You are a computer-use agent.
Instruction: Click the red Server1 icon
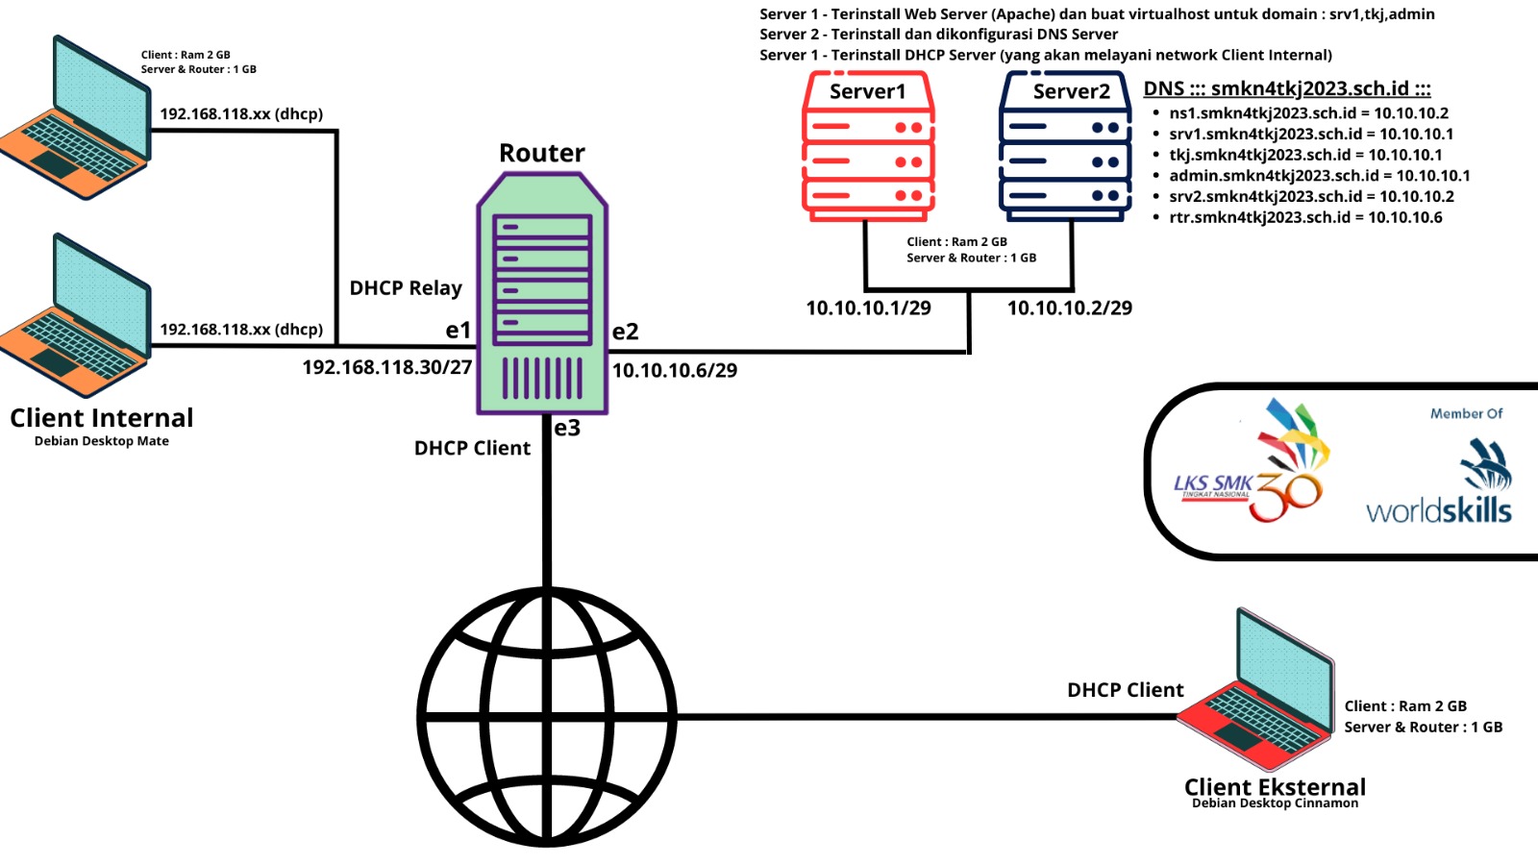coord(868,146)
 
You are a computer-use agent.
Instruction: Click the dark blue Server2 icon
coord(1065,146)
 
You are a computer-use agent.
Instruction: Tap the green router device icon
coord(542,294)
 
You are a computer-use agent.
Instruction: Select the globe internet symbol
coord(547,717)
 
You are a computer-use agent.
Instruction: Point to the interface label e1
coord(459,331)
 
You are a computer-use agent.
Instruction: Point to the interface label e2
coord(625,332)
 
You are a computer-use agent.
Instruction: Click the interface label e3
coord(567,428)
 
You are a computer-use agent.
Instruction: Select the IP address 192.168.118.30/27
coord(386,367)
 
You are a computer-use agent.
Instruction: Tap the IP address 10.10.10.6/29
coord(675,370)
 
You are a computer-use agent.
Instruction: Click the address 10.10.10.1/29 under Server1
coord(868,308)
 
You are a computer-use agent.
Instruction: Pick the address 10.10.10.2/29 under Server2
coord(1069,308)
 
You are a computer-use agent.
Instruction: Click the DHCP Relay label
coord(406,287)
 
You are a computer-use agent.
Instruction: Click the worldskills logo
coord(1439,485)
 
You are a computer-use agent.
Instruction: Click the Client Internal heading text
coord(102,418)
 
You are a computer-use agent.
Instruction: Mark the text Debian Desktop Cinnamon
coord(1275,803)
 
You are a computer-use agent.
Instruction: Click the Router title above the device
coord(541,153)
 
